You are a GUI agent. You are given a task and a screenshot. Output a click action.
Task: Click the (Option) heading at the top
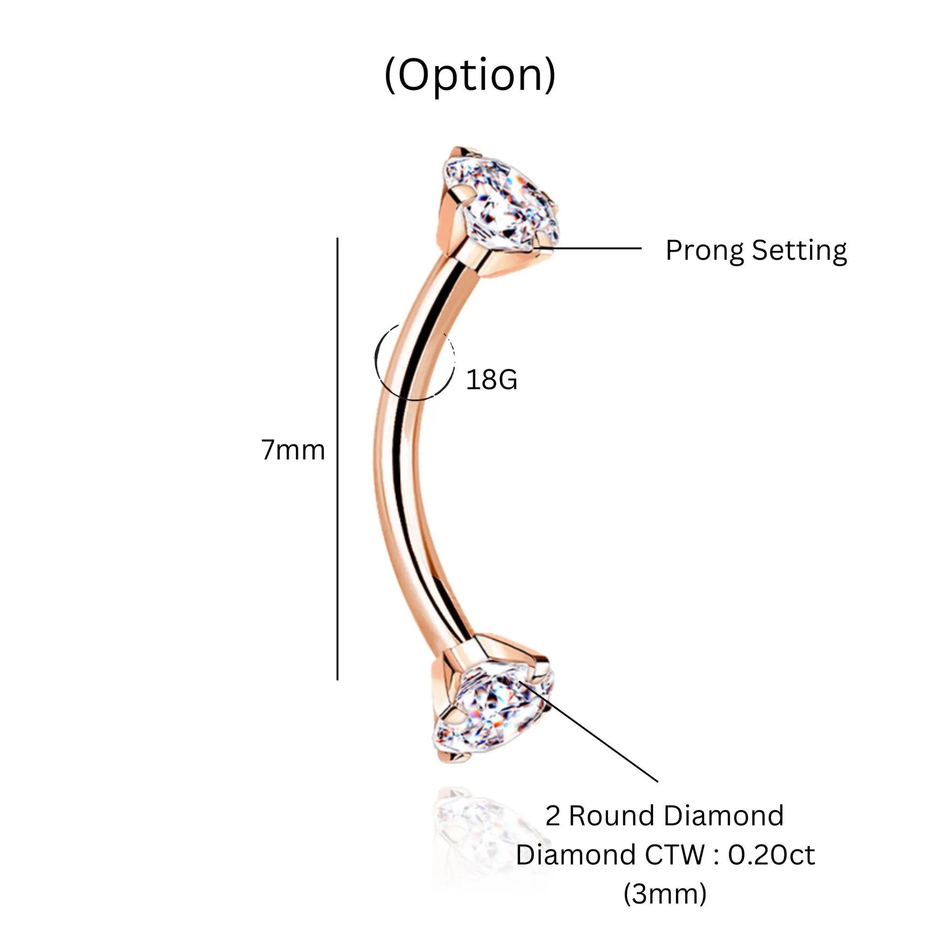point(470,76)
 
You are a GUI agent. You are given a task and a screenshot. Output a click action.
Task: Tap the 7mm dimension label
point(293,450)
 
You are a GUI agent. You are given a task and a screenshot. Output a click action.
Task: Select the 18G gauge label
point(491,379)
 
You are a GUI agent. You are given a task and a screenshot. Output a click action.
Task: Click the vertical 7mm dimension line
point(337,459)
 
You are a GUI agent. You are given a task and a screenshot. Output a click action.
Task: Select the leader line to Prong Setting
point(588,249)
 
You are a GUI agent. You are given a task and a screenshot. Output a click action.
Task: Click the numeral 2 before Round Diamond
point(553,816)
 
